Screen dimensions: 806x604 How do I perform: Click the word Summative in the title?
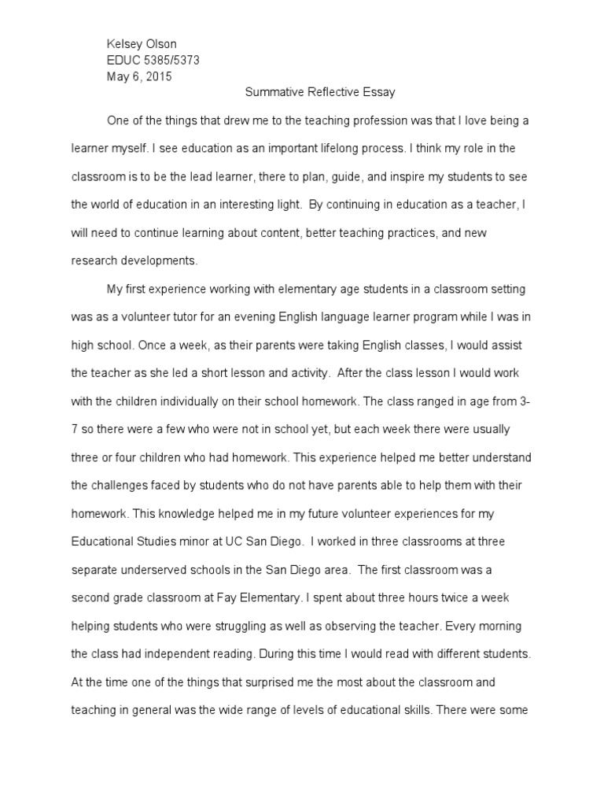tap(271, 92)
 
